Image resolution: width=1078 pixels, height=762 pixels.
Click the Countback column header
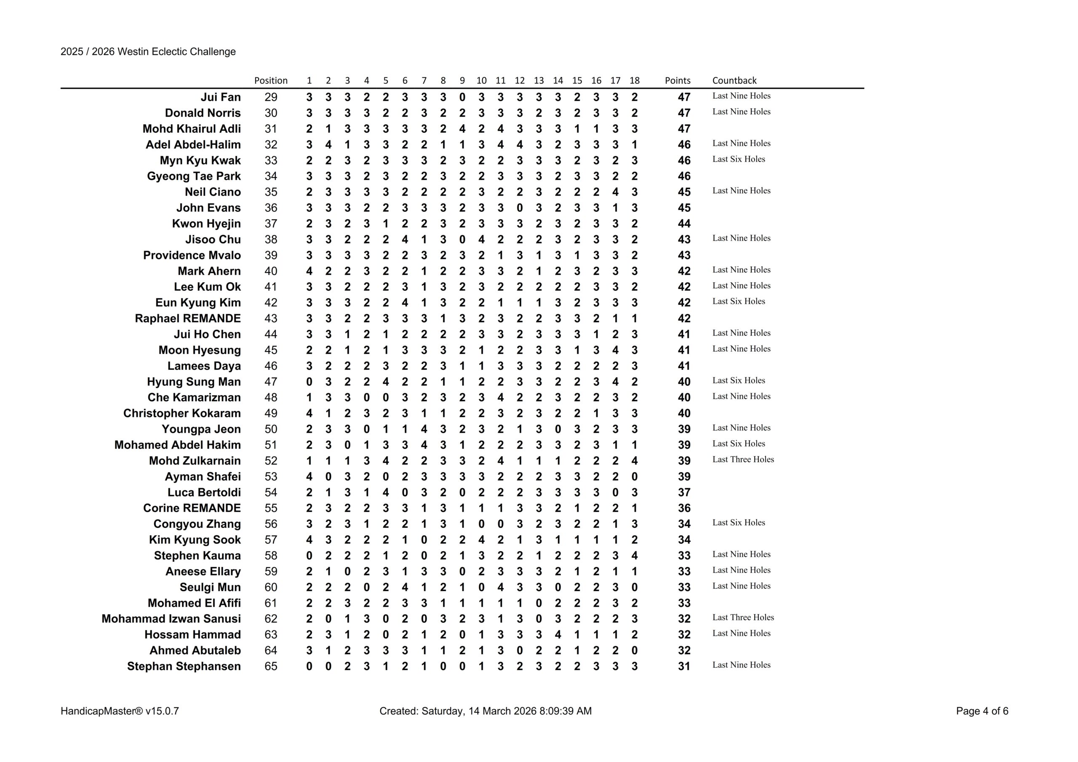tap(734, 80)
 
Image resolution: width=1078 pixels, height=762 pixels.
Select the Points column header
tap(677, 80)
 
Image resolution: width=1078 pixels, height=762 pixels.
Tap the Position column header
tap(270, 80)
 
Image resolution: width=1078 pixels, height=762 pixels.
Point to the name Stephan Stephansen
tap(184, 666)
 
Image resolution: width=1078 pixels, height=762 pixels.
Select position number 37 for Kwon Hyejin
tap(270, 224)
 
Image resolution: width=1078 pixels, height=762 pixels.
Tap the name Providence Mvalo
tap(192, 255)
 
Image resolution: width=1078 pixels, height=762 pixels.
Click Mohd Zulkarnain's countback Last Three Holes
tap(743, 460)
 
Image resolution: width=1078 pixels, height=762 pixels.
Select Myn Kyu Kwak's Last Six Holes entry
tap(738, 159)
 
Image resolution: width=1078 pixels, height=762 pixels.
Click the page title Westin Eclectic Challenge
tap(148, 52)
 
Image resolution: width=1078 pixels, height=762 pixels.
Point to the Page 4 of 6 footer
tap(982, 711)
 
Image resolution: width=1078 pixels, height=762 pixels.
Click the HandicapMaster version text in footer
tap(120, 711)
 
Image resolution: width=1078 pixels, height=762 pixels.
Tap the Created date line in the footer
tap(485, 711)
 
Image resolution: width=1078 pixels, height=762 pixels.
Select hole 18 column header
tap(634, 80)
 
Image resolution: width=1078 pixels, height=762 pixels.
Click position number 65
tap(270, 666)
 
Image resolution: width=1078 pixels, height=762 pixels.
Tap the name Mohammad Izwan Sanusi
tap(171, 619)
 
